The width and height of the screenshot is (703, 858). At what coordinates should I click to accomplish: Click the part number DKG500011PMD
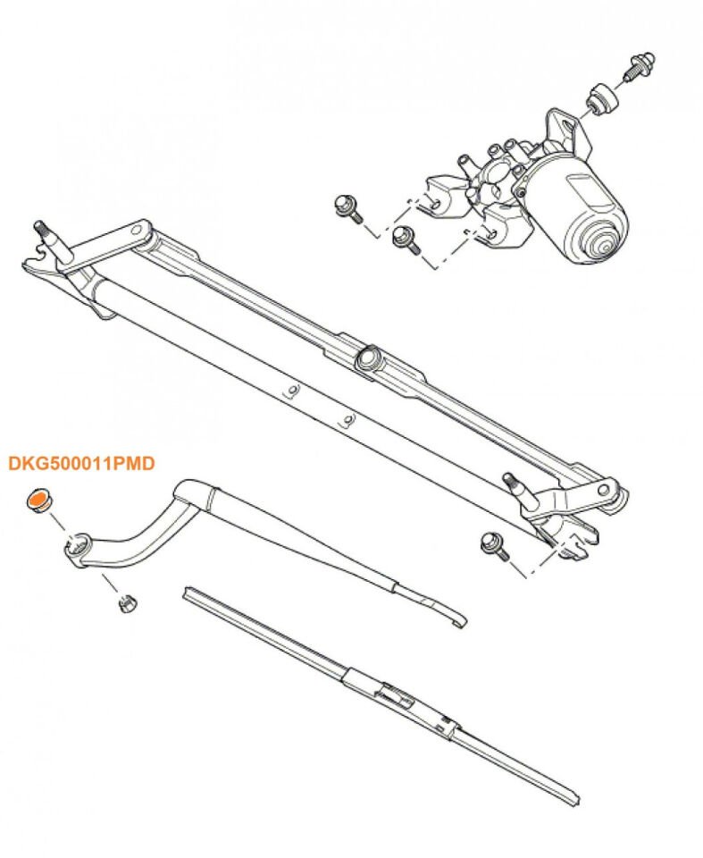pyautogui.click(x=81, y=464)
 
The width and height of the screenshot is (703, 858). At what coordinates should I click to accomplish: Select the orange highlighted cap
pyautogui.click(x=38, y=500)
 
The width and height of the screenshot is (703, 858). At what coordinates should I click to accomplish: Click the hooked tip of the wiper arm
pyautogui.click(x=458, y=620)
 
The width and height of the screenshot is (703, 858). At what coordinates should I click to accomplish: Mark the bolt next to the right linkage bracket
pyautogui.click(x=491, y=543)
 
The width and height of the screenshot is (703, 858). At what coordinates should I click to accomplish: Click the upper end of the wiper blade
pyautogui.click(x=188, y=592)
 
